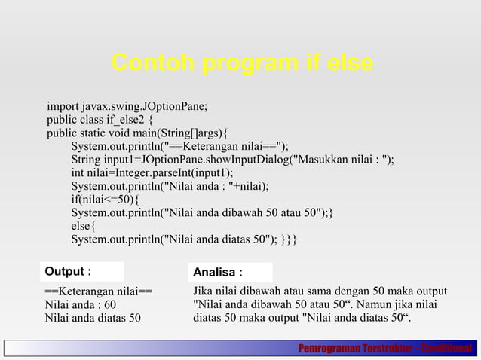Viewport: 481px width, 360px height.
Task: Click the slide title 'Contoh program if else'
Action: click(x=241, y=65)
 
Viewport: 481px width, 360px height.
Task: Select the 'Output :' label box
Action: click(x=81, y=271)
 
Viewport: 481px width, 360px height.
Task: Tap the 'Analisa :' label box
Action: click(x=231, y=272)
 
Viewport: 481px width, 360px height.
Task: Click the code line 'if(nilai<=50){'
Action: click(x=106, y=200)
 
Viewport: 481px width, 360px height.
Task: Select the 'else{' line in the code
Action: click(x=84, y=227)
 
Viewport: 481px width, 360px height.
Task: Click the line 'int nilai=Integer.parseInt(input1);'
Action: click(x=152, y=172)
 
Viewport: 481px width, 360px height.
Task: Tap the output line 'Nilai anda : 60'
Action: click(x=81, y=304)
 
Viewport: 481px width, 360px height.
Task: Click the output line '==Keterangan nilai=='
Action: click(x=98, y=291)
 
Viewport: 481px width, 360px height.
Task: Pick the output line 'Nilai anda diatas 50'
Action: click(x=93, y=318)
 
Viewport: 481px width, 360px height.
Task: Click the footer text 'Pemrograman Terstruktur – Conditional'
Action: click(x=384, y=349)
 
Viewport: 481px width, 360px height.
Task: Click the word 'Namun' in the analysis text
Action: click(x=375, y=304)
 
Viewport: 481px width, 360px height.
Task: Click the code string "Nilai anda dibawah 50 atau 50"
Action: click(x=242, y=213)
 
